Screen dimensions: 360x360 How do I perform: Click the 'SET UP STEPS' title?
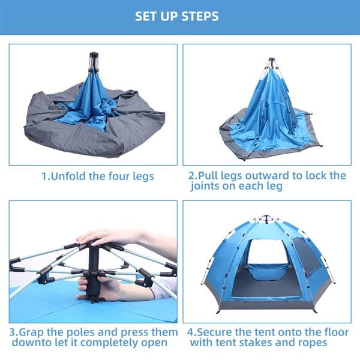(x=180, y=16)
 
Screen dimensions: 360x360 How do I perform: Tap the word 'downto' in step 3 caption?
(x=28, y=343)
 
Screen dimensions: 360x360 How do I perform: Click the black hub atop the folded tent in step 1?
(x=94, y=62)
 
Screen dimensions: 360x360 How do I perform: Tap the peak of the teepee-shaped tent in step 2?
(x=271, y=62)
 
